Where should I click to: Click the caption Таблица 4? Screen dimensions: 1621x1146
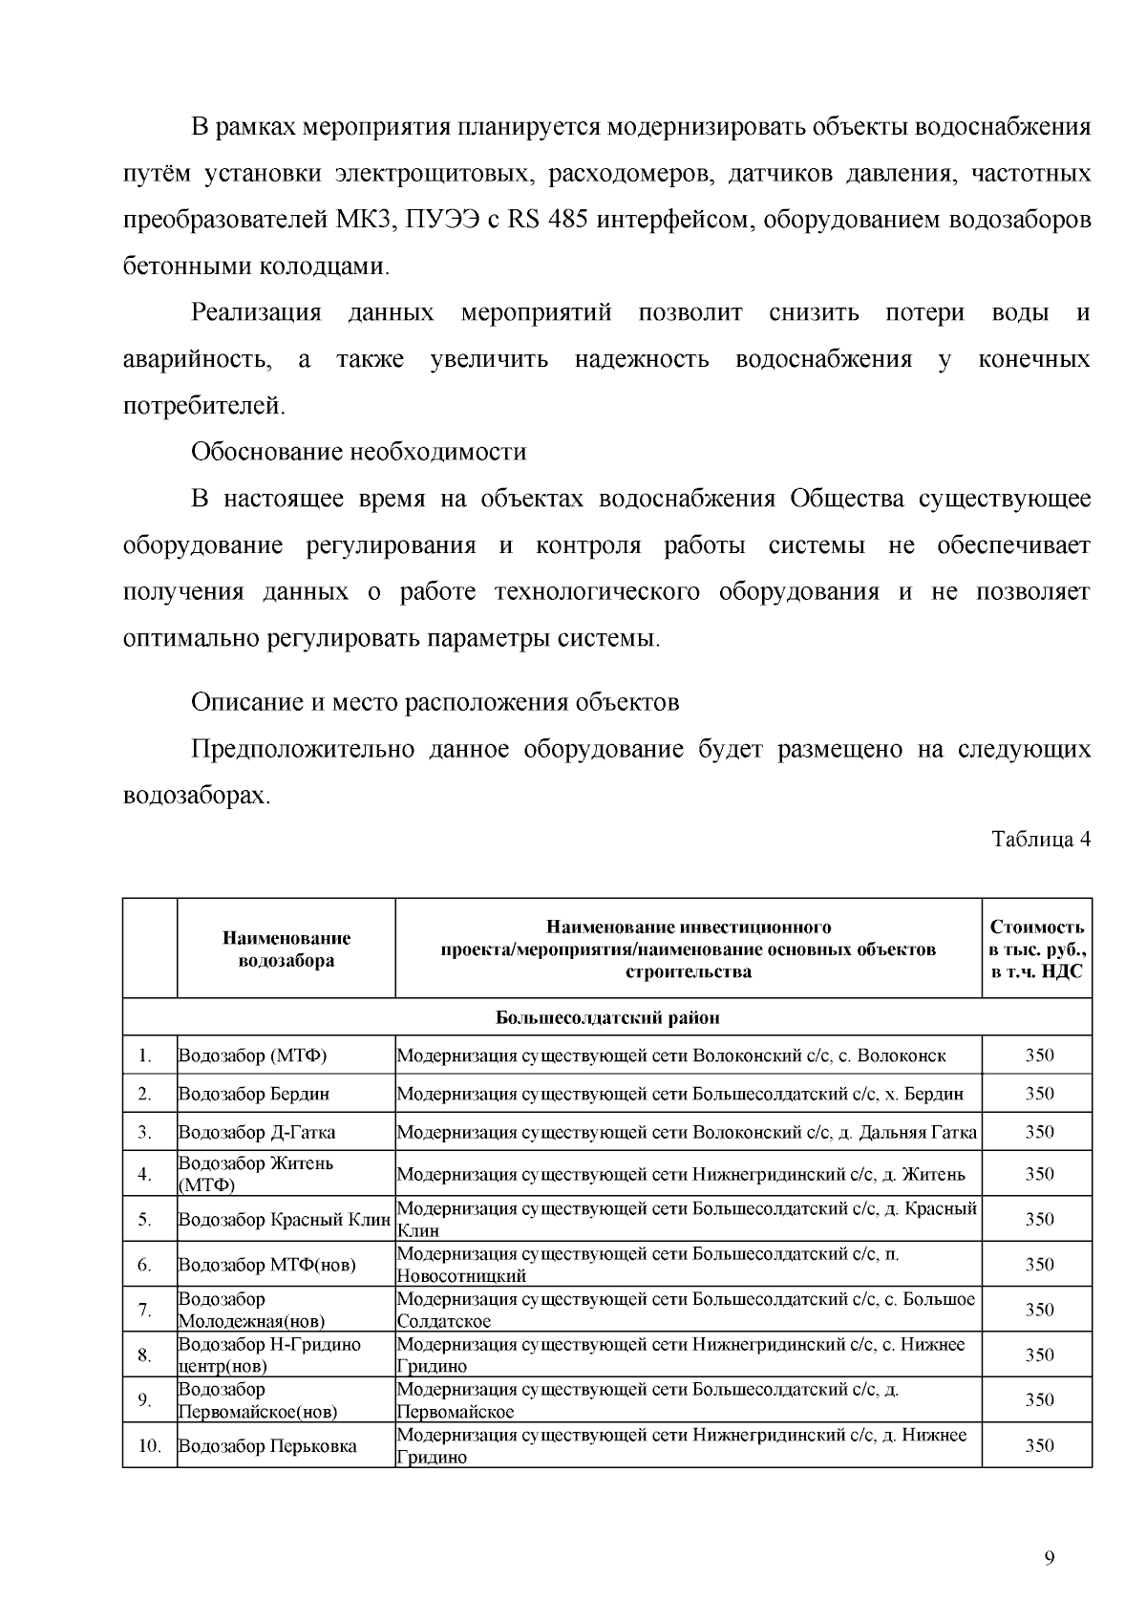(x=1040, y=841)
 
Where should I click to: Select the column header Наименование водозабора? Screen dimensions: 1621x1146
(x=286, y=949)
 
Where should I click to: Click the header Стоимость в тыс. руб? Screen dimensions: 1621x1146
(x=1037, y=949)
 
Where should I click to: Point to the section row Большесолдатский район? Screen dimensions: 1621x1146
(x=607, y=1017)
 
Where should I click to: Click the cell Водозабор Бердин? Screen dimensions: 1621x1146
(x=254, y=1094)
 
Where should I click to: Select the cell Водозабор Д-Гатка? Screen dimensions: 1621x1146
(x=257, y=1132)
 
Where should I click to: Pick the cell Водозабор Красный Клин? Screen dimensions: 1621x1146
(x=285, y=1220)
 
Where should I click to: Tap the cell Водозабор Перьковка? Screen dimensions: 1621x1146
(x=268, y=1446)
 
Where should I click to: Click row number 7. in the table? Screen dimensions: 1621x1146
(x=145, y=1310)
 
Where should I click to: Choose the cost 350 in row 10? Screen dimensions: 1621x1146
(x=1039, y=1446)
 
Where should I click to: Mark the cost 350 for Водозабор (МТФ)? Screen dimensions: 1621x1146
(x=1039, y=1056)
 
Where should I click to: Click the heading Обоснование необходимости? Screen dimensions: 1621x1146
(x=359, y=452)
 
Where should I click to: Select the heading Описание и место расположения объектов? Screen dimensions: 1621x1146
(x=435, y=703)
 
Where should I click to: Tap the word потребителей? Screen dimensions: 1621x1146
(x=204, y=406)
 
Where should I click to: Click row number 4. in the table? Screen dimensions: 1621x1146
(x=145, y=1174)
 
